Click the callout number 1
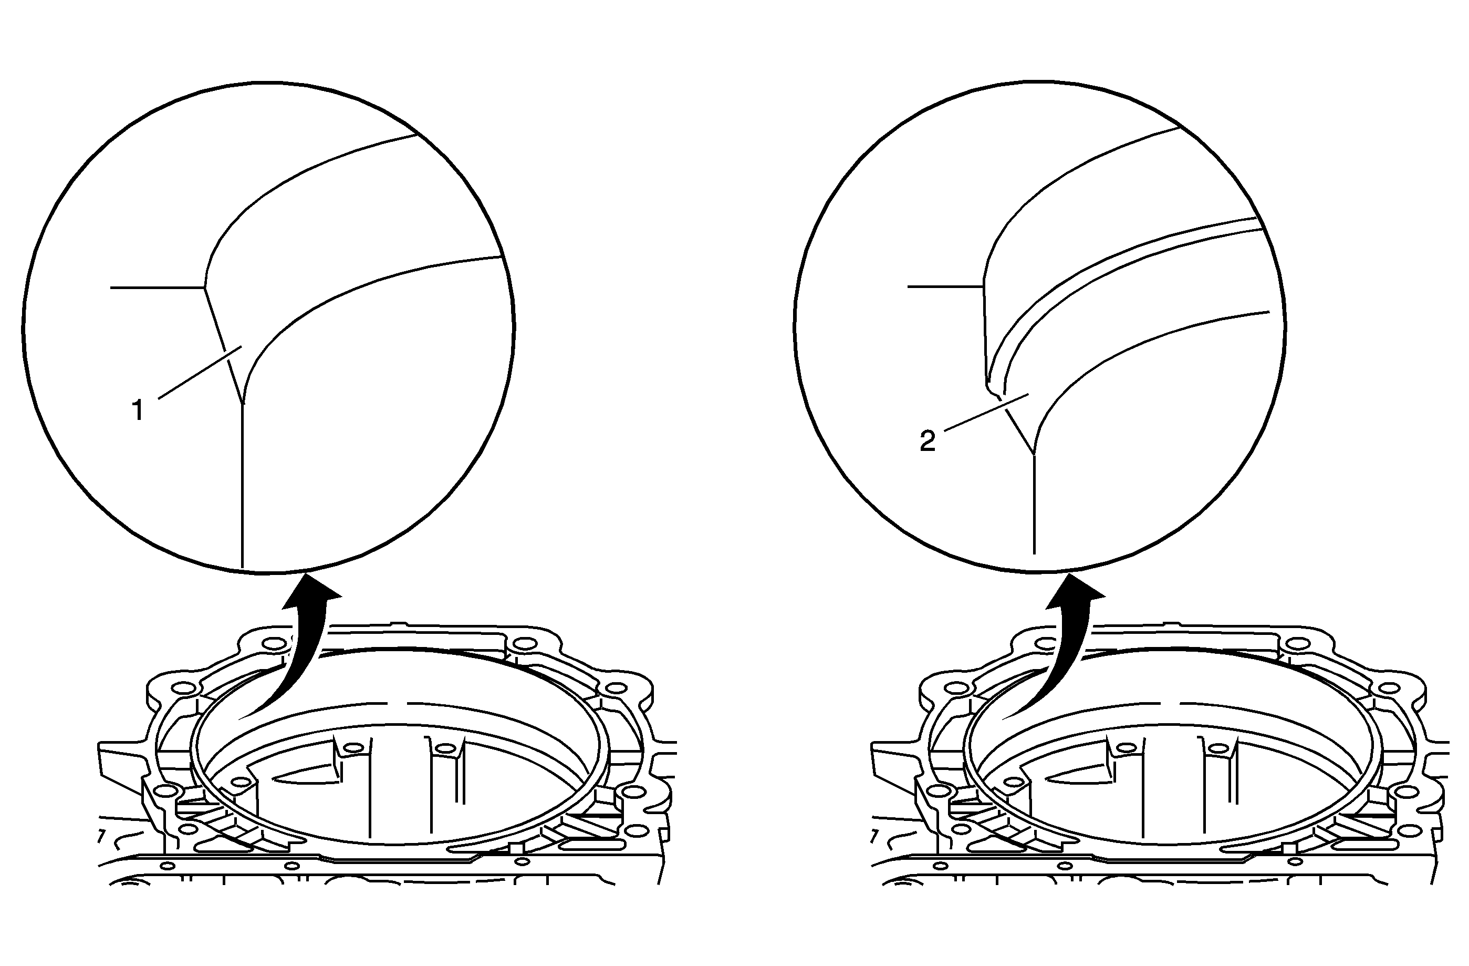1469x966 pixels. click(x=138, y=410)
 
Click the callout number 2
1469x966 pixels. click(x=927, y=441)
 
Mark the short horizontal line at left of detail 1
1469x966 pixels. click(x=158, y=287)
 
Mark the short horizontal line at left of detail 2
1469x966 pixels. click(x=945, y=286)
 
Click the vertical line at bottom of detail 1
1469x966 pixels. click(x=243, y=486)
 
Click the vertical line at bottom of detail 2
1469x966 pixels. click(x=1033, y=503)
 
